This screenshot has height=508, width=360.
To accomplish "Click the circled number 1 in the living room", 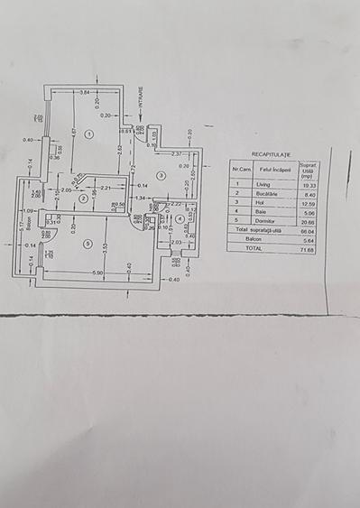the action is click(88, 134).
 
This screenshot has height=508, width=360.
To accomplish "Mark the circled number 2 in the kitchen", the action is click(83, 199).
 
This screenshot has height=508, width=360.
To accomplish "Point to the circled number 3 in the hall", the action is click(160, 176).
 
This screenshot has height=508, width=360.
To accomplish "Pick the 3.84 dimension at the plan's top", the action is click(83, 94).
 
